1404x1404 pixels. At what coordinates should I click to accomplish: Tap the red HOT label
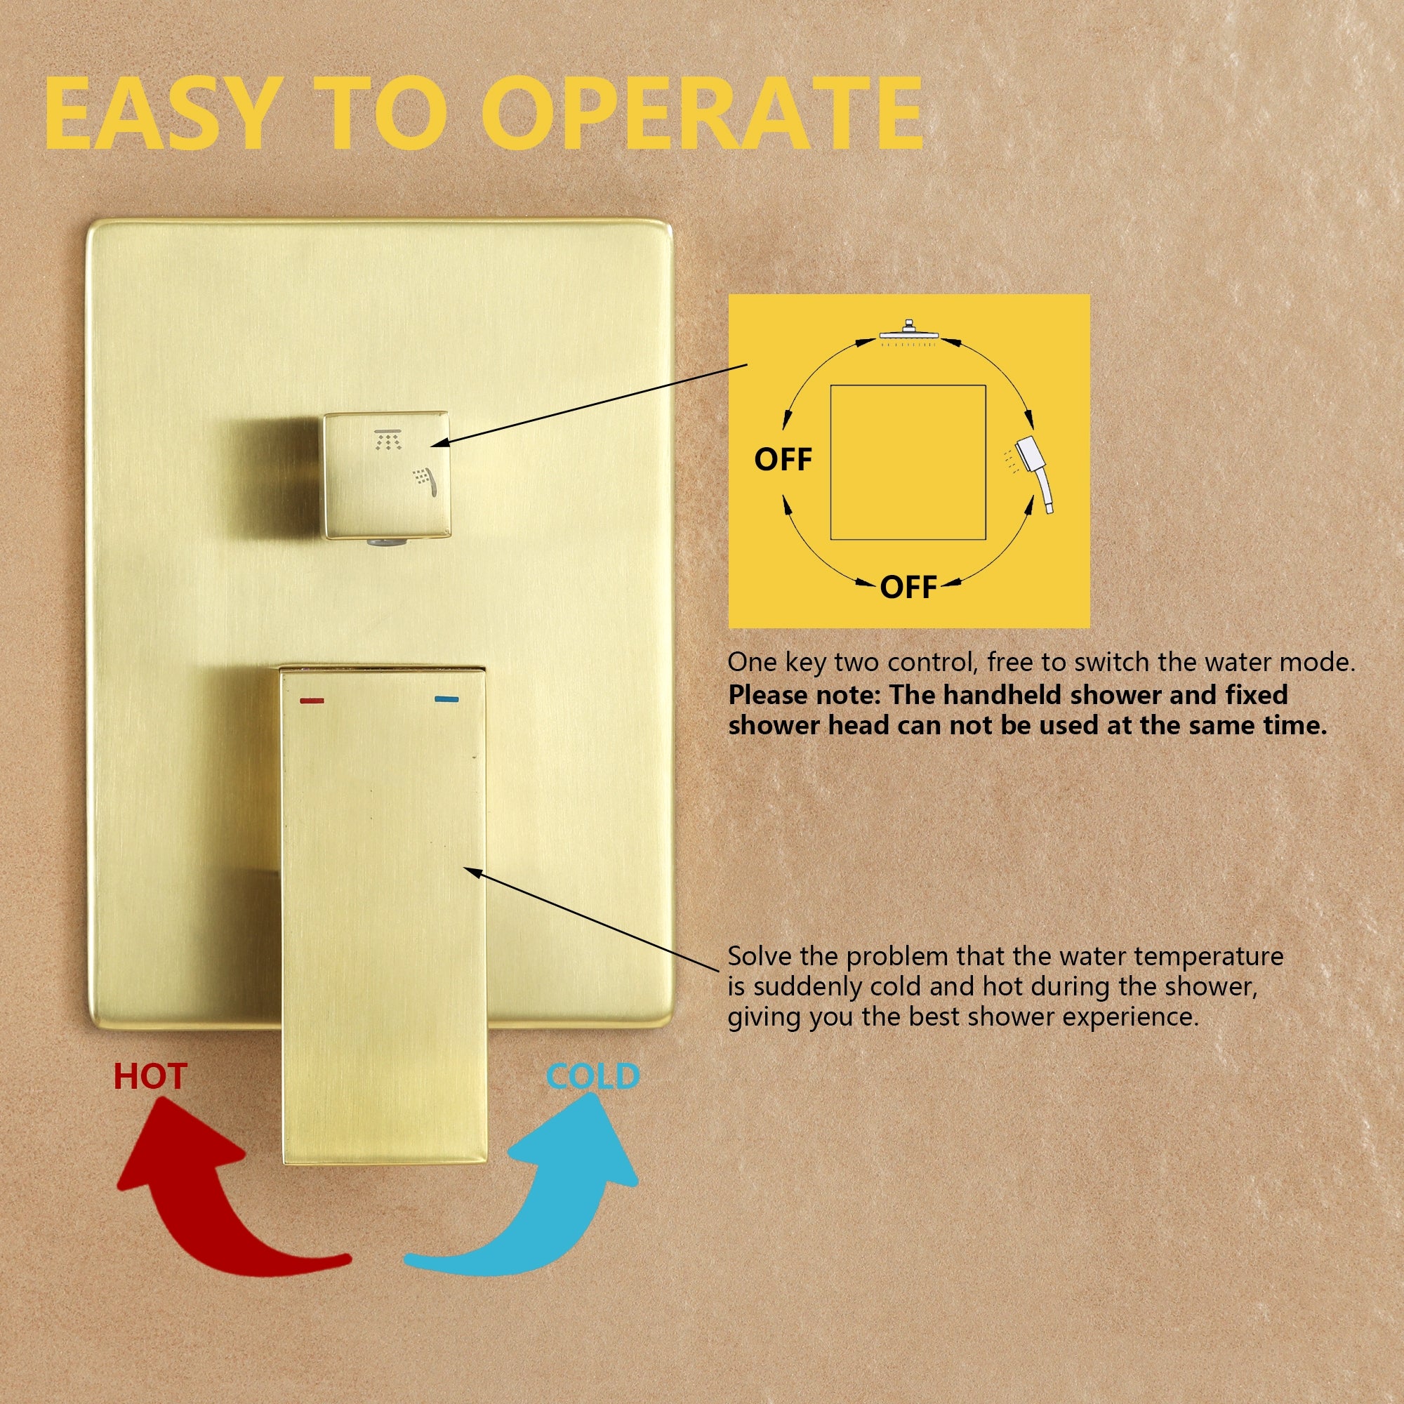[x=150, y=1076]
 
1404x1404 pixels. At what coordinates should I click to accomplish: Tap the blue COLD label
[x=592, y=1076]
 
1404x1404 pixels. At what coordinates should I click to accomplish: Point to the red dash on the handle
[x=312, y=701]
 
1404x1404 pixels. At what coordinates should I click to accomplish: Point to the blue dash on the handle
[x=446, y=700]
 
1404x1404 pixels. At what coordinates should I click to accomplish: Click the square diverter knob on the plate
[x=387, y=477]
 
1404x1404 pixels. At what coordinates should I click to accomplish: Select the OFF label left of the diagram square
[x=783, y=459]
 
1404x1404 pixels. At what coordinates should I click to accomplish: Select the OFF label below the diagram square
[x=908, y=586]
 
